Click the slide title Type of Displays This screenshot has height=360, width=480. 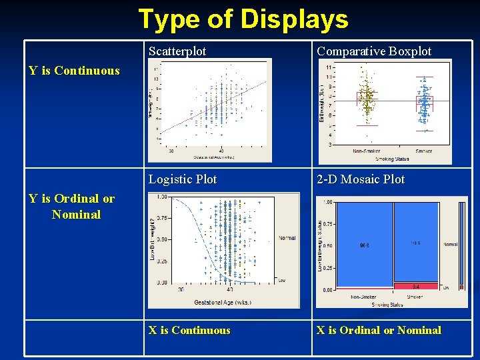(x=243, y=19)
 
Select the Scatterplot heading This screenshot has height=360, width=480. (x=177, y=51)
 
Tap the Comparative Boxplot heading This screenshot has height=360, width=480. (x=374, y=51)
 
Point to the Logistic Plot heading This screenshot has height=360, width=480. (x=183, y=179)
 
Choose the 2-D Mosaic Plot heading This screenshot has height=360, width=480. (x=361, y=179)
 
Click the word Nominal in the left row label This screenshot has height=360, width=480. (x=76, y=215)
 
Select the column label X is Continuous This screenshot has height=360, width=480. (x=189, y=330)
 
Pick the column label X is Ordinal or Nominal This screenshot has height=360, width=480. (x=379, y=330)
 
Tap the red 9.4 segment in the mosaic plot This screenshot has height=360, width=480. (x=415, y=286)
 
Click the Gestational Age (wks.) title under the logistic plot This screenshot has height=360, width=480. (x=223, y=303)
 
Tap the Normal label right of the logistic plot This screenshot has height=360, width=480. (x=287, y=238)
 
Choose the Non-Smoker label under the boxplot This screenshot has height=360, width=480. (x=367, y=151)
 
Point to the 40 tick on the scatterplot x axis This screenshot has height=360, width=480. (x=221, y=151)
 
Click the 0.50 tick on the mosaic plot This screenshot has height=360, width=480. (x=327, y=246)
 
